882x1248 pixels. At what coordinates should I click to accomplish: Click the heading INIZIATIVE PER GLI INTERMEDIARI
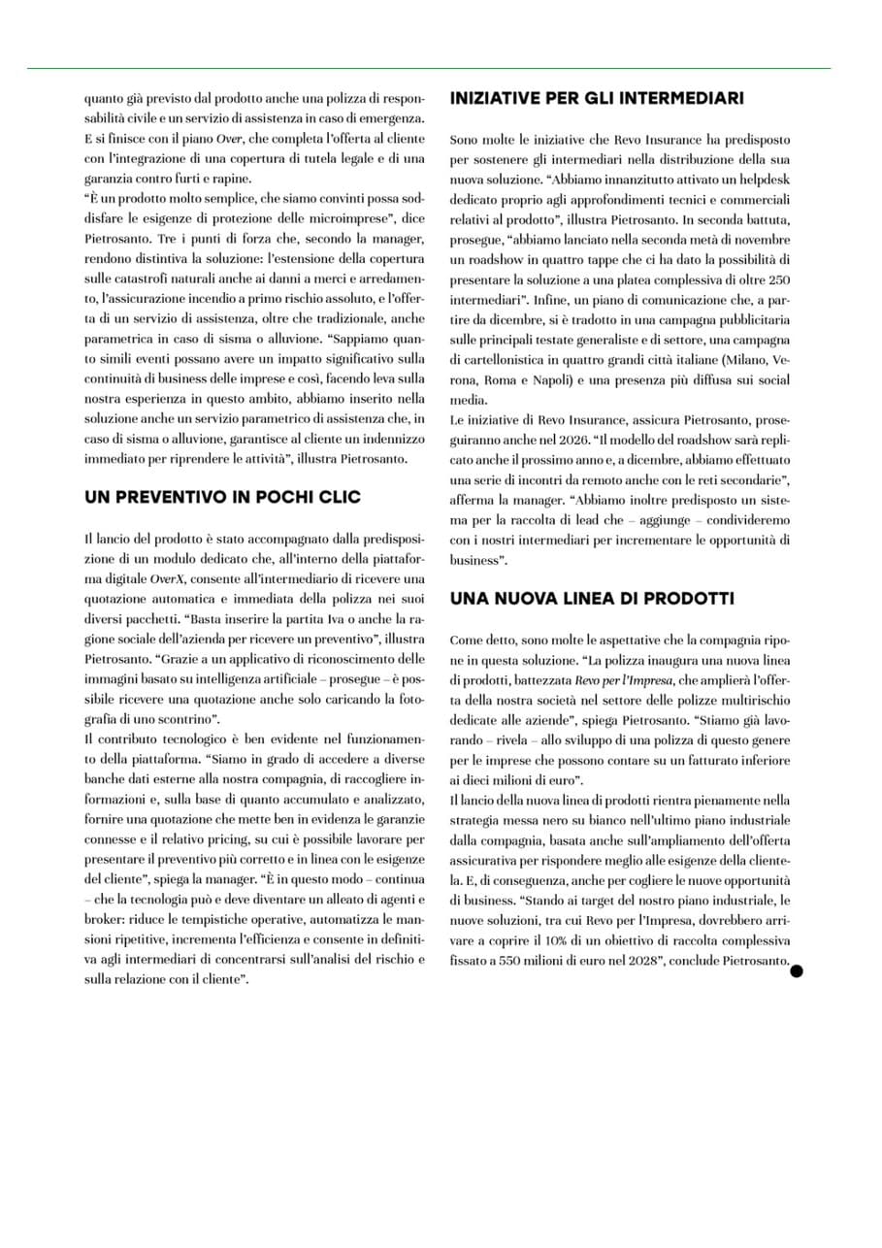(x=597, y=98)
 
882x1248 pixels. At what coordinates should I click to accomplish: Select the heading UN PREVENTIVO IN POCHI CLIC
(x=222, y=497)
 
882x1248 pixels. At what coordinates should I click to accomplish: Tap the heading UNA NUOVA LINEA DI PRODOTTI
(x=592, y=599)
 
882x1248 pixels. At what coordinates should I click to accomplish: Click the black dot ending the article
(x=797, y=969)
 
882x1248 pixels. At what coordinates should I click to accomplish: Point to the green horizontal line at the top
(x=428, y=69)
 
